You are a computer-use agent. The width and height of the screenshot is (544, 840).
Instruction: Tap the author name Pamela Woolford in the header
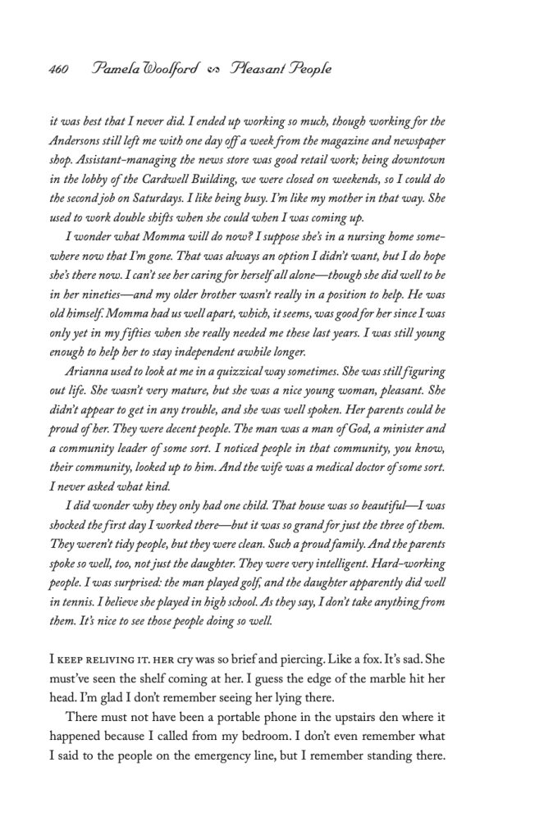pos(146,69)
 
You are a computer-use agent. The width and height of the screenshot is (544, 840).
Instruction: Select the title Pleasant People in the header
pos(280,69)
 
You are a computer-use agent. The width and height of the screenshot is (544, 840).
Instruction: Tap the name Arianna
pos(89,371)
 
